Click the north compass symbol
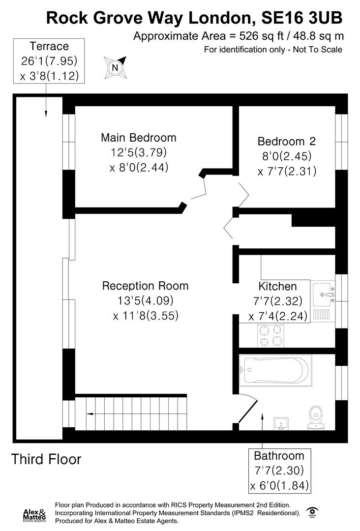click(x=115, y=67)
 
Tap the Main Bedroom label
click(x=138, y=138)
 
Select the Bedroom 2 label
click(x=286, y=142)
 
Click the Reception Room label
click(x=145, y=286)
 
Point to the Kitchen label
click(x=278, y=286)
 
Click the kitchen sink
click(x=323, y=295)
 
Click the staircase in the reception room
click(x=131, y=413)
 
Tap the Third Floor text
click(x=46, y=460)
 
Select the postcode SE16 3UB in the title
click(x=301, y=18)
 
